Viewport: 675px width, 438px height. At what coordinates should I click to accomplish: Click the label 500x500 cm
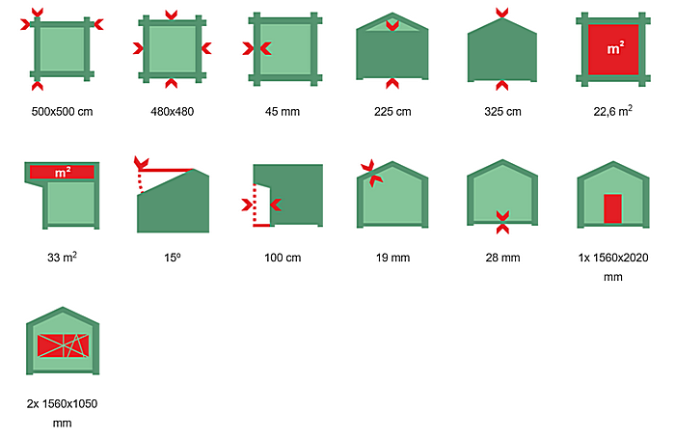(x=62, y=112)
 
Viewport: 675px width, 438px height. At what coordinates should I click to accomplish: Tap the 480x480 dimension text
(x=173, y=112)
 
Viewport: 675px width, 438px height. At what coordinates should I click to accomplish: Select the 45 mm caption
(x=283, y=112)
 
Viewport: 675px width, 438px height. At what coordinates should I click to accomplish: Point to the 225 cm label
(x=392, y=112)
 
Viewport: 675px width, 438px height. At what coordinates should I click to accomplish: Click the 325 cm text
(x=502, y=112)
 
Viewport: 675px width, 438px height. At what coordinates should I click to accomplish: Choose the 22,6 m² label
(x=613, y=111)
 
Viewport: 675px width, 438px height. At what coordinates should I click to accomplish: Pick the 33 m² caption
(x=62, y=257)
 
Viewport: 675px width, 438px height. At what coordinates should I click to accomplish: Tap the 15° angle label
(x=173, y=258)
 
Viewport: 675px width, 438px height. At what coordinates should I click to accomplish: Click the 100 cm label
(x=283, y=258)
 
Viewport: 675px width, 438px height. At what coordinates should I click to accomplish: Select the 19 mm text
(x=392, y=258)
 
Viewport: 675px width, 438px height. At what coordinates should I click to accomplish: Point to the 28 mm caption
(x=502, y=258)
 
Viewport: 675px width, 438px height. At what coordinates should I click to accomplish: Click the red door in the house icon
(x=612, y=208)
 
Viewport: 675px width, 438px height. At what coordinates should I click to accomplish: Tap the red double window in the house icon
(x=63, y=345)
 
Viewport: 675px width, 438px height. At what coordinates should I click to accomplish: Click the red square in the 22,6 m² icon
(x=613, y=49)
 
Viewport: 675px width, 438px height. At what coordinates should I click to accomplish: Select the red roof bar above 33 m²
(x=62, y=172)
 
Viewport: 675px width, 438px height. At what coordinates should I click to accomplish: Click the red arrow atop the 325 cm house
(x=502, y=13)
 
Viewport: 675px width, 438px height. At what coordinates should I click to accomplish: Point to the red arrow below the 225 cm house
(x=392, y=84)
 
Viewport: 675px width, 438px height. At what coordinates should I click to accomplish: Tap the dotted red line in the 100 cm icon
(x=255, y=204)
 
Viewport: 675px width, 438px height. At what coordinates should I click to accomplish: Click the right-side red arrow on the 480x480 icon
(x=206, y=48)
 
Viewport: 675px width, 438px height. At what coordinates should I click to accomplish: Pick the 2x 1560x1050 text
(x=62, y=413)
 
